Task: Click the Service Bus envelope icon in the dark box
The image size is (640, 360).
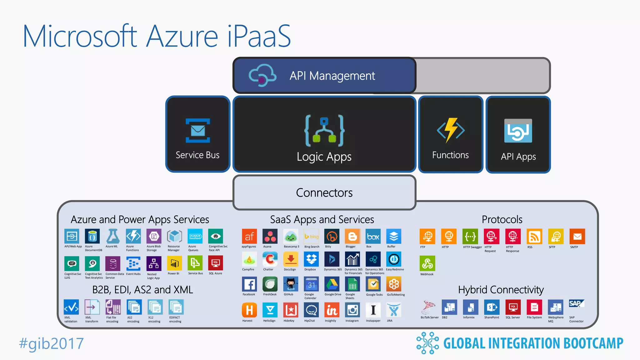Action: tap(198, 130)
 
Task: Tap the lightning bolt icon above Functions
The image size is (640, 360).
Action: tap(451, 130)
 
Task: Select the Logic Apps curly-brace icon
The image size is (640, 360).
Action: tap(324, 131)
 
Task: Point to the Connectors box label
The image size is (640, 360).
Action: tap(324, 192)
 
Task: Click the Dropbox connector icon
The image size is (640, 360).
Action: tap(311, 259)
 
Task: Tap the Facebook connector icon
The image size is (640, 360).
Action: tap(249, 284)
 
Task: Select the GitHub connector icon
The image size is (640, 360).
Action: tap(291, 284)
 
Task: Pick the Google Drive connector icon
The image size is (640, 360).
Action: tap(332, 284)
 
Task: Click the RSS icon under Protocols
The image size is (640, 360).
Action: tap(534, 237)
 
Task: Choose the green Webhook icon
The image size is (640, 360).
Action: tap(427, 264)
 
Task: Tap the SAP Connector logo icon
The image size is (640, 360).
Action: tap(576, 304)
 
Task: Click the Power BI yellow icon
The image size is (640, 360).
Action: tap(174, 263)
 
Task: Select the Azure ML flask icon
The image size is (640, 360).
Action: tap(113, 236)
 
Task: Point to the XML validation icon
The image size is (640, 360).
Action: tap(71, 307)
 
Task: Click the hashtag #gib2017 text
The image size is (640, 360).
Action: tap(52, 343)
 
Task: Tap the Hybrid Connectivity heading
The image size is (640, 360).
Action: tap(501, 290)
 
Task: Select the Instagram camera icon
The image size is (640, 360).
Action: tap(352, 310)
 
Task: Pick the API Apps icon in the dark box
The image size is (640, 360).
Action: tap(518, 131)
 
